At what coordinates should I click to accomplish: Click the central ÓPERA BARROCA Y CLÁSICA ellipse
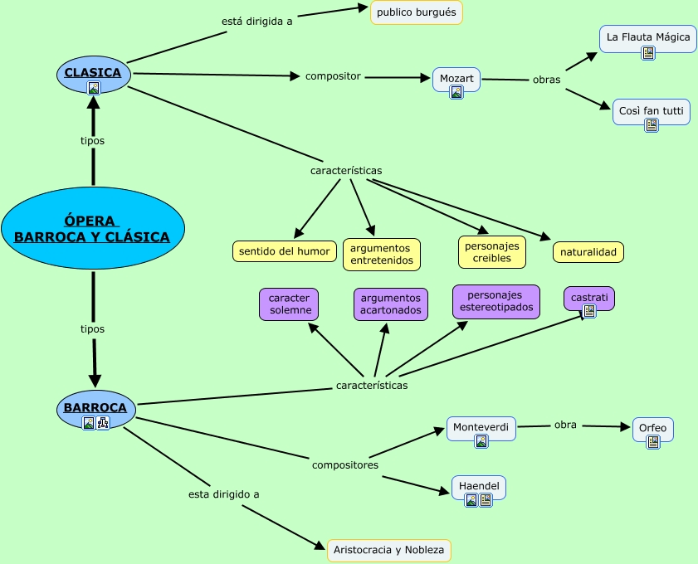92,228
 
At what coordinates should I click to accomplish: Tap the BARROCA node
95,408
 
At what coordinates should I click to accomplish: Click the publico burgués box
416,12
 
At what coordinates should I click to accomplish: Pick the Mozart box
456,79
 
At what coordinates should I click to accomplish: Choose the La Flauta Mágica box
647,38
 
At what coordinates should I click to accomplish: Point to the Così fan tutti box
652,110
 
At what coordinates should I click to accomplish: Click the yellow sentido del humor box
284,250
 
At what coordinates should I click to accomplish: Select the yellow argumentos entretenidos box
381,255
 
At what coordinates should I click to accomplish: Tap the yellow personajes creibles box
492,252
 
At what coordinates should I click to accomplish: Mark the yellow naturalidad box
588,252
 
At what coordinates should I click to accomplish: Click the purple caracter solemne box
290,304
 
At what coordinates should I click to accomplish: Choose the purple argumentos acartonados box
390,304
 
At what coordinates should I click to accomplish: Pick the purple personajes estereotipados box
495,302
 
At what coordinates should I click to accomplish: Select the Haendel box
479,485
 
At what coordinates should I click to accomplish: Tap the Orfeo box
652,429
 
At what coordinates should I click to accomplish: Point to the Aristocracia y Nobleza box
389,549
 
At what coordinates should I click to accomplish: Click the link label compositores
345,465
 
